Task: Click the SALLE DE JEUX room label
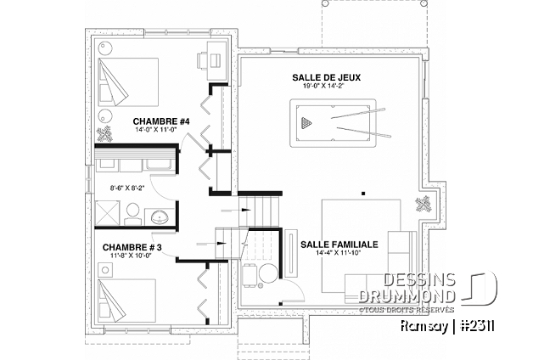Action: [326, 78]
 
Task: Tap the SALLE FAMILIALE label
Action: [339, 245]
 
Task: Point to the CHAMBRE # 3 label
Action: [132, 247]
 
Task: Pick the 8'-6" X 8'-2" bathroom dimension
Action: [127, 188]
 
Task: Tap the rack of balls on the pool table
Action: [306, 122]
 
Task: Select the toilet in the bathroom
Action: [132, 214]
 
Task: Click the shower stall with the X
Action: [108, 213]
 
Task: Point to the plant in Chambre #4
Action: [104, 133]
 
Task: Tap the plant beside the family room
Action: [424, 205]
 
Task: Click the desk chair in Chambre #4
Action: [203, 60]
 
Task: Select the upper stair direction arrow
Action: [236, 211]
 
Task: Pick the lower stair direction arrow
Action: [211, 244]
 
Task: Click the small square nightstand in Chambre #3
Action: [105, 270]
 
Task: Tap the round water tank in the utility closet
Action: [268, 273]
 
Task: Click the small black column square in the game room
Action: [363, 194]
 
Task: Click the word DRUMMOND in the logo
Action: [407, 296]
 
